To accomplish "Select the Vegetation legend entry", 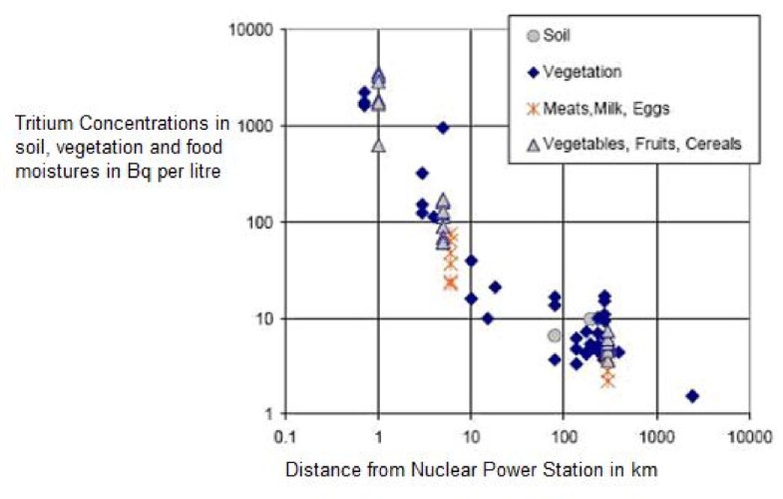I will click(588, 72).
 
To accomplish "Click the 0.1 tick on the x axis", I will click(285, 435).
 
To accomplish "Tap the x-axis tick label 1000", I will click(656, 435).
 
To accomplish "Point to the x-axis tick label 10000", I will click(749, 435).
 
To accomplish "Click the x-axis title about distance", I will click(471, 467).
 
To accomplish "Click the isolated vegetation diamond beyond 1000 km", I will click(692, 396).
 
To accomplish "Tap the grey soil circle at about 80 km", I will click(555, 335).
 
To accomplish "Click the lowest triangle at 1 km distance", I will click(378, 146).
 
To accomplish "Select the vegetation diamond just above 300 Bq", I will click(422, 174).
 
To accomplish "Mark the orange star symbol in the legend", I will click(533, 108).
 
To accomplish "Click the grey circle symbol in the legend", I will click(533, 36).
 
